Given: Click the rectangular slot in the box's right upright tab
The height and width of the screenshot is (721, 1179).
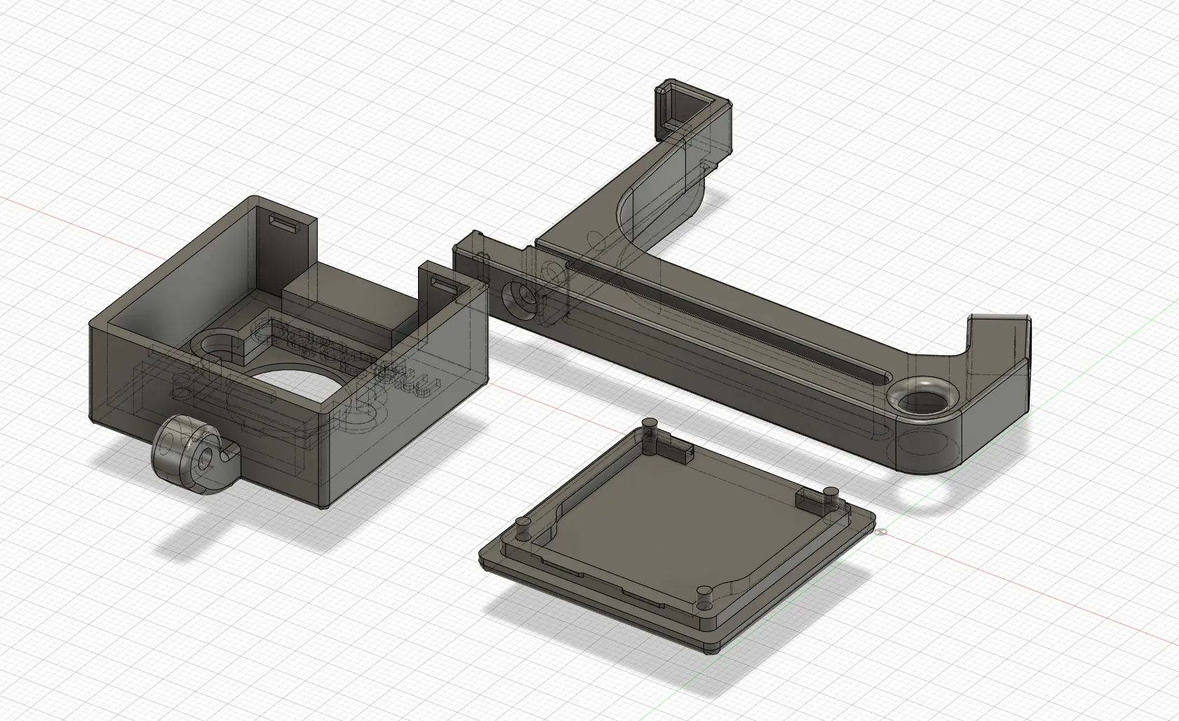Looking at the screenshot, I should coord(444,284).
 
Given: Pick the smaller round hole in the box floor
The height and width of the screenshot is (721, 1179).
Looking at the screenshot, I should coord(215,345).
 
